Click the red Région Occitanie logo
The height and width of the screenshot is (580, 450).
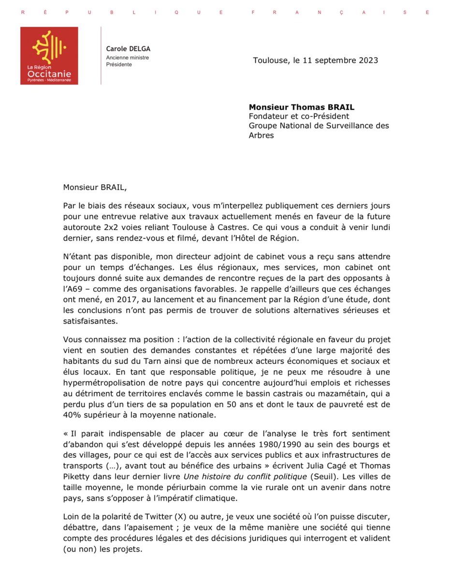click(49, 56)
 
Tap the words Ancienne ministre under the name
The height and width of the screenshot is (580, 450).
click(128, 58)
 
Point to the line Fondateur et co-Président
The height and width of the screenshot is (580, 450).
click(299, 116)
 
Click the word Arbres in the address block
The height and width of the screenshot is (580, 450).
click(261, 135)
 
